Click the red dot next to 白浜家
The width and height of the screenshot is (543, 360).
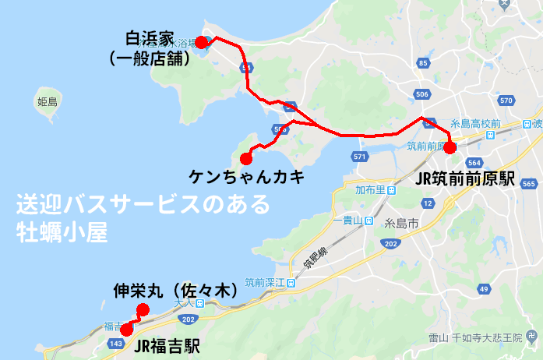(x=201, y=42)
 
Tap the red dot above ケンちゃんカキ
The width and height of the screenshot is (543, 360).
(x=247, y=158)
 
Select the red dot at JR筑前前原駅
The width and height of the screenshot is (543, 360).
(x=450, y=147)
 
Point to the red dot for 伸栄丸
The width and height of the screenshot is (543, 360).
(x=143, y=309)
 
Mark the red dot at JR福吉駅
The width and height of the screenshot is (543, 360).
(x=126, y=330)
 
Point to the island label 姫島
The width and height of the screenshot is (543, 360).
(x=48, y=101)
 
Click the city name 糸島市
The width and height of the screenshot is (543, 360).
(x=403, y=223)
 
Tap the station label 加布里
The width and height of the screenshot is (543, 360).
(x=367, y=190)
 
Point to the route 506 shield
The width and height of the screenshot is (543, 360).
(x=423, y=94)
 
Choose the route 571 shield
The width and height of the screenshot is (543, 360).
(x=359, y=157)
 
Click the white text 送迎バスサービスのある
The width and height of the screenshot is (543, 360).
(x=143, y=206)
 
